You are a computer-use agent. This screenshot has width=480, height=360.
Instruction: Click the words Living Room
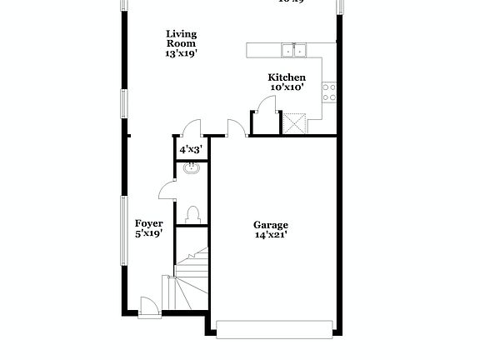pos(181,39)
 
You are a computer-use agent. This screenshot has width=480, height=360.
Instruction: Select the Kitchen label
pos(286,77)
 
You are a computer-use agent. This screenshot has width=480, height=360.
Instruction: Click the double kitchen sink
pos(292,51)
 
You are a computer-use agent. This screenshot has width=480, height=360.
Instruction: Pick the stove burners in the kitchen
pos(330,87)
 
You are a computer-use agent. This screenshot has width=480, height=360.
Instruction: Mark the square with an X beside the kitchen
pos(294,124)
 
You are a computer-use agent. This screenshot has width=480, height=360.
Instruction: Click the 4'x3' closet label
pos(191,149)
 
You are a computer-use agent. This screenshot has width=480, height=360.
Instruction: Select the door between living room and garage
pos(236,127)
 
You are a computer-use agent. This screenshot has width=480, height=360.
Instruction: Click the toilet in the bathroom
pos(194,214)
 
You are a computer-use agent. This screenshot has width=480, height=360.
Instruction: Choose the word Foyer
pos(149,223)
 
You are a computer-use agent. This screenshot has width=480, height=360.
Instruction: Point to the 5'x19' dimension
pos(149,234)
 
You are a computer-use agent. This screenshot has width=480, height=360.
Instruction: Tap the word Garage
pos(271,225)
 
